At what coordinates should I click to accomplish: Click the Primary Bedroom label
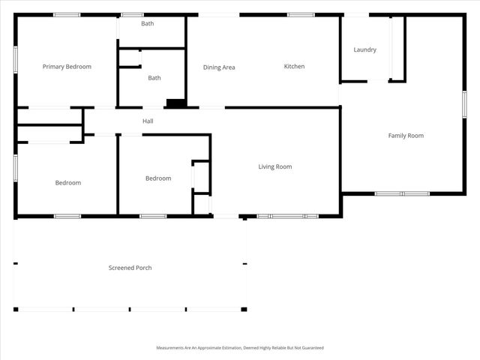tap(67, 67)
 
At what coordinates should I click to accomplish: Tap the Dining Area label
tap(219, 67)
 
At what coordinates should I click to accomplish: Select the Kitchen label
tap(294, 67)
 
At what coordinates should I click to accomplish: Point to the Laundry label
tap(364, 50)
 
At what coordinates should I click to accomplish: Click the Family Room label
tap(406, 136)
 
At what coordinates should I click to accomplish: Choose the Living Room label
tap(275, 166)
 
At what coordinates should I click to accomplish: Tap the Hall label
tap(148, 121)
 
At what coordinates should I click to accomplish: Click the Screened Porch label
tap(130, 268)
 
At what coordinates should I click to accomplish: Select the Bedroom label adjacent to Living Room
tap(158, 178)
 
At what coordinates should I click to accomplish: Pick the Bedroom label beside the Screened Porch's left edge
tap(67, 183)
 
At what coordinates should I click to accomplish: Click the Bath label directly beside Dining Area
tap(154, 78)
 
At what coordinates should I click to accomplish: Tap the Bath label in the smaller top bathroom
tap(148, 23)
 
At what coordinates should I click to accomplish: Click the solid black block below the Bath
tap(175, 103)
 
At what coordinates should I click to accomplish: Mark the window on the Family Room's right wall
tap(465, 103)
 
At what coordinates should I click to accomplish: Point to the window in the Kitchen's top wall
tap(301, 14)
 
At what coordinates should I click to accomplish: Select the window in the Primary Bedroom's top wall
tap(67, 14)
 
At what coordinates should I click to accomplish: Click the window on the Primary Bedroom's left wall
tap(15, 60)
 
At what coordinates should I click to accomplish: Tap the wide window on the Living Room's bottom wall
tap(288, 216)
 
